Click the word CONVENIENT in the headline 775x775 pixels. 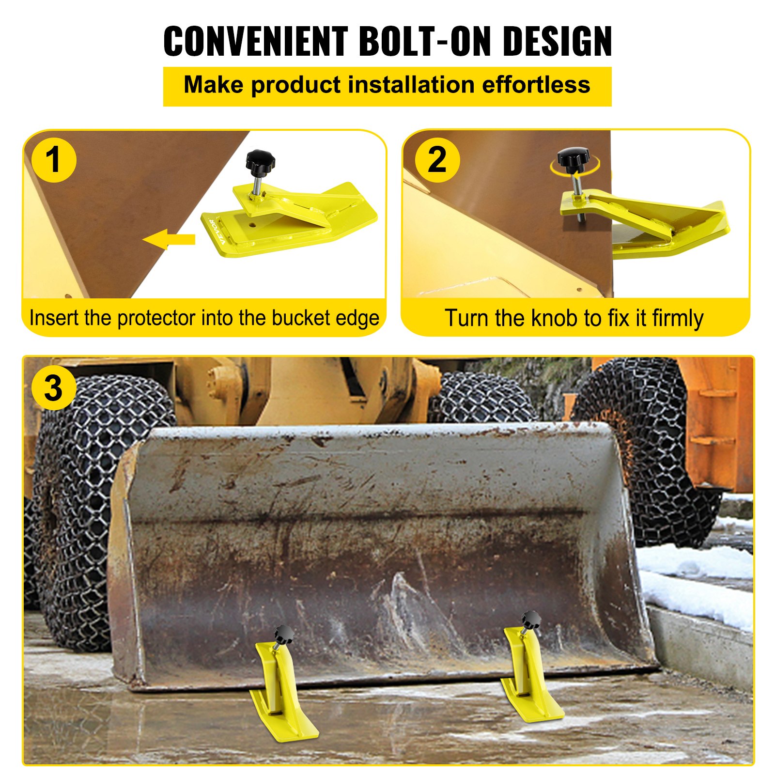255,41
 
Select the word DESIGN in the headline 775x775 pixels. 557,41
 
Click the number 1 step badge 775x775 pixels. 53,160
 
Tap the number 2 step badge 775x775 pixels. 437,160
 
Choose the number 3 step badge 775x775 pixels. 53,388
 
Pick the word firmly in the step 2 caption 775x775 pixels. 677,318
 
